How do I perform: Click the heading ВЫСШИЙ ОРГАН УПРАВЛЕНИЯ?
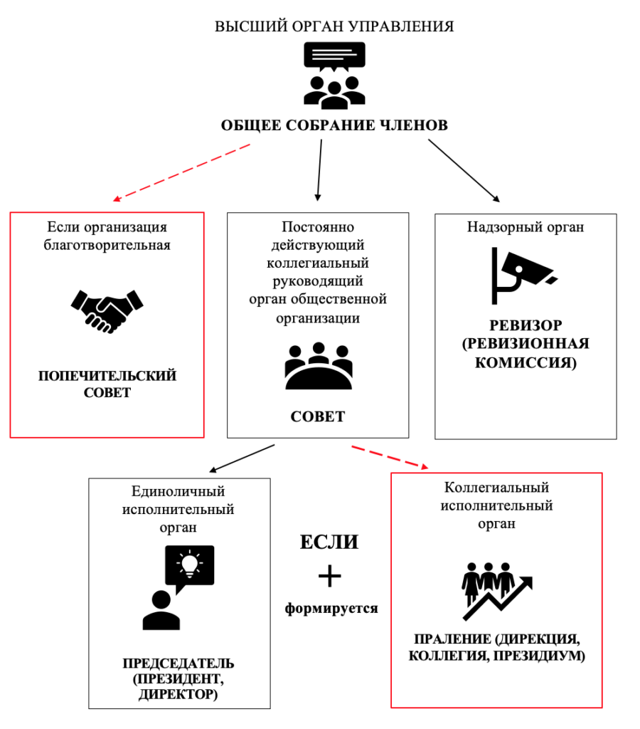click(334, 27)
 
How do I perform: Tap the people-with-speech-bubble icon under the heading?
click(334, 75)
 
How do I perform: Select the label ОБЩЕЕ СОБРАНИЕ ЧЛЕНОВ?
click(334, 125)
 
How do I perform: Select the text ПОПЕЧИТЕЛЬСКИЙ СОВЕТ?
click(107, 383)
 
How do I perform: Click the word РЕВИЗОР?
click(526, 325)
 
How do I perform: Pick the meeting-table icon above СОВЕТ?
click(318, 367)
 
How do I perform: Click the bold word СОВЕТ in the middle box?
click(318, 416)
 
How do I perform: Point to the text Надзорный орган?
click(526, 227)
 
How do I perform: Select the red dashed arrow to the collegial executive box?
click(390, 458)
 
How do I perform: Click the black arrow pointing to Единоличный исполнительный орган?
click(242, 458)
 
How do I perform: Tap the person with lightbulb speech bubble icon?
click(178, 587)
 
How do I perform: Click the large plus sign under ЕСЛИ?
click(329, 576)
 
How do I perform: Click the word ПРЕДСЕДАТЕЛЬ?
click(178, 664)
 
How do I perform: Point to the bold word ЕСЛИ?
click(328, 542)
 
